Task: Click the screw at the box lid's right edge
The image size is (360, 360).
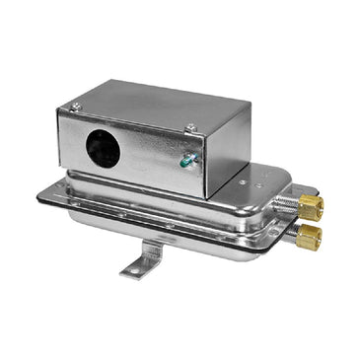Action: [190, 126]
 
